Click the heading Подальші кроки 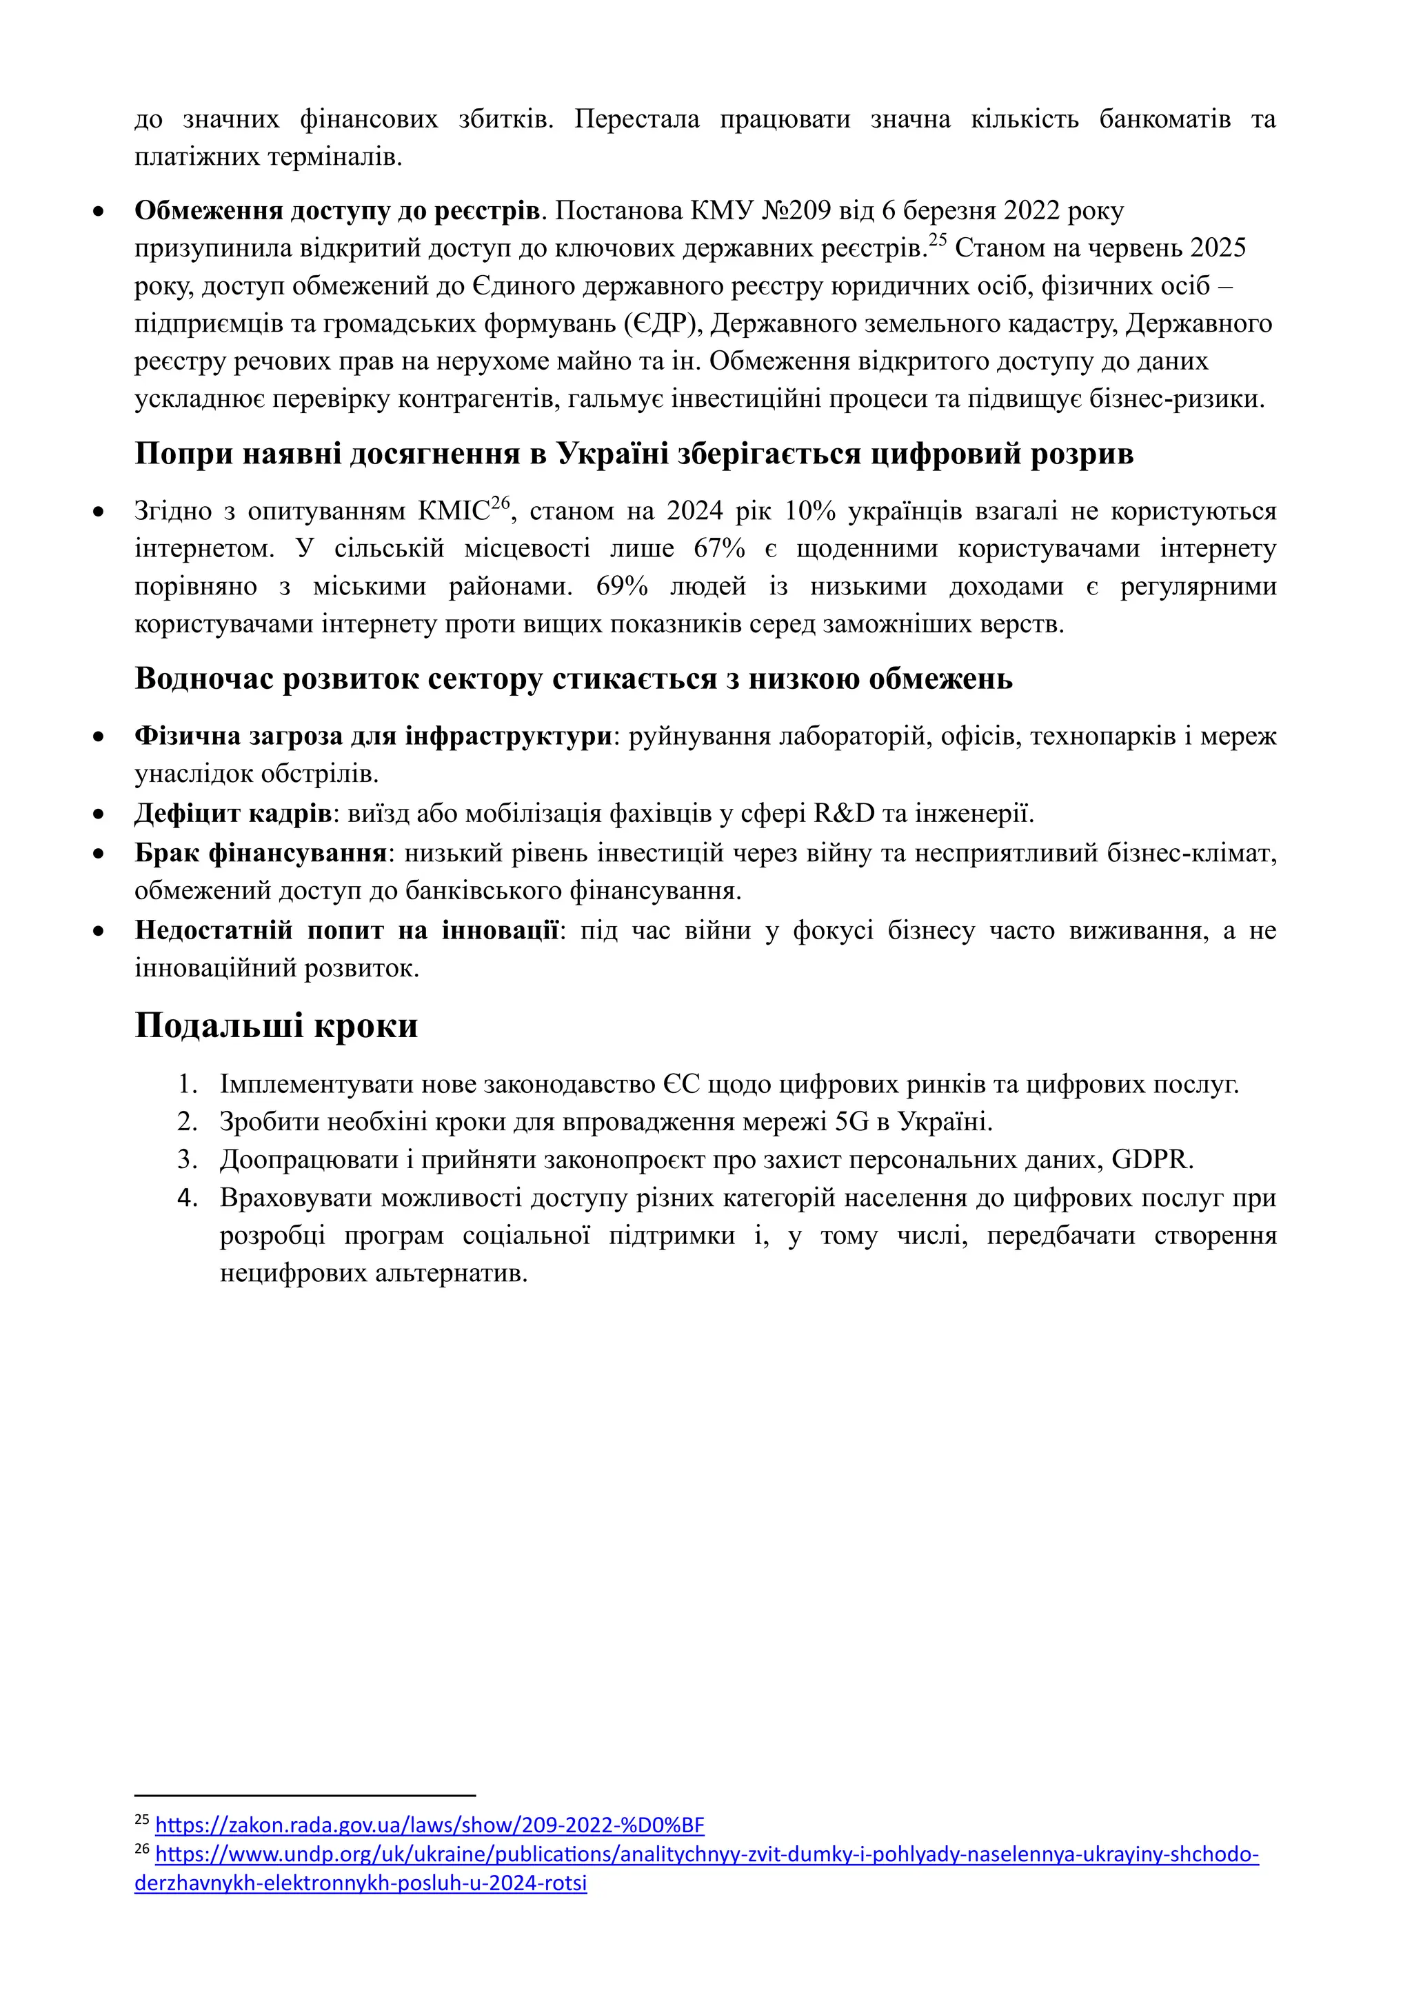[276, 1026]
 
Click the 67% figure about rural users [719, 549]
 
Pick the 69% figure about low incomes [622, 586]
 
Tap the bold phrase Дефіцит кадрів [232, 813]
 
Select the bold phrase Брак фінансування [260, 852]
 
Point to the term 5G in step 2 [851, 1122]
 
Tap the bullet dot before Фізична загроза [99, 736]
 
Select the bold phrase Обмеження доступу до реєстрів [337, 212]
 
